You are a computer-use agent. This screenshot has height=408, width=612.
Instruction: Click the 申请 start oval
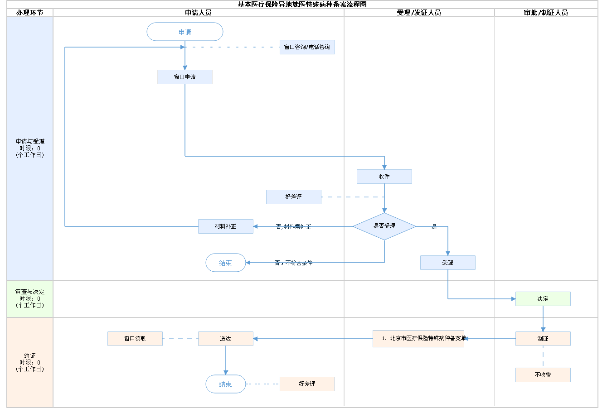[x=185, y=32]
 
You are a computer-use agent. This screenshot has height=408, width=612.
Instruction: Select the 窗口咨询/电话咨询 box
[x=307, y=47]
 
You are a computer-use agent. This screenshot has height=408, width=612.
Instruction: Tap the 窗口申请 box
[x=185, y=77]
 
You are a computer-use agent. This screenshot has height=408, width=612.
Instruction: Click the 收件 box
[x=384, y=177]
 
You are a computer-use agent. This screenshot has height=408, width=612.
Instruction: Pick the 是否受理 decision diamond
[x=384, y=226]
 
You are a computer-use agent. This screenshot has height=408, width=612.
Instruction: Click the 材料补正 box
[x=226, y=226]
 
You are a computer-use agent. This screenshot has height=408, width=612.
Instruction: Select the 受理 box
[x=448, y=263]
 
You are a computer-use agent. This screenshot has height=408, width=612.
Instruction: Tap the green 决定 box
[x=543, y=299]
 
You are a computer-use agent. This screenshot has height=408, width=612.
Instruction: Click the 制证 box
[x=543, y=339]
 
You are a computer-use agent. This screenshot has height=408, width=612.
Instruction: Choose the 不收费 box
[x=543, y=375]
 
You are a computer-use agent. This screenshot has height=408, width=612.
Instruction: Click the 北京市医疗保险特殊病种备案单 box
[x=418, y=339]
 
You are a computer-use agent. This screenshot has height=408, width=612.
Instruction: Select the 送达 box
[x=226, y=339]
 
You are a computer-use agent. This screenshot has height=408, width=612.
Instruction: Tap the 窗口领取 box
[x=135, y=339]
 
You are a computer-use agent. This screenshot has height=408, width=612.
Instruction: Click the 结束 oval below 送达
[x=226, y=384]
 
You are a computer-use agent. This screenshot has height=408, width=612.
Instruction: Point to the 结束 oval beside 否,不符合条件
[x=226, y=263]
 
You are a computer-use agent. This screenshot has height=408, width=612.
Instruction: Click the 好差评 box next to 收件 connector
[x=294, y=197]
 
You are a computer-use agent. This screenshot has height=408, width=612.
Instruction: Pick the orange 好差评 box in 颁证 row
[x=307, y=384]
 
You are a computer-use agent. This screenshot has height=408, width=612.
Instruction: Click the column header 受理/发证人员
[x=419, y=13]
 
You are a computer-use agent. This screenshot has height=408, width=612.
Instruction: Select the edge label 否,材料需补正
[x=294, y=227]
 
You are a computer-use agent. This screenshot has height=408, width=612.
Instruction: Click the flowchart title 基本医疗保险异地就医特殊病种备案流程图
[x=302, y=5]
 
